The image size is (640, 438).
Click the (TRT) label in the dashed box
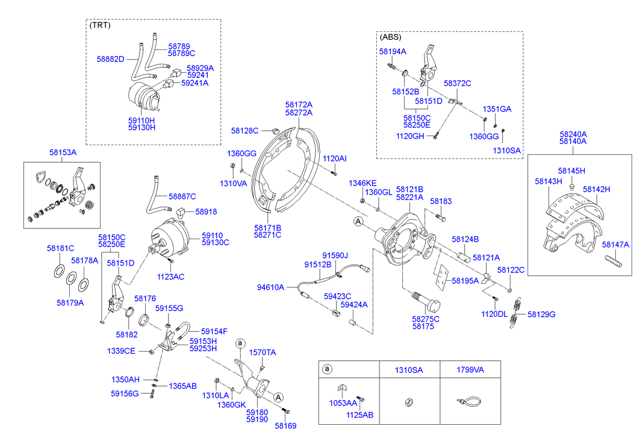coord(100,25)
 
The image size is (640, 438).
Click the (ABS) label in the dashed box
coord(391,37)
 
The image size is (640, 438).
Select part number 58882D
coord(110,59)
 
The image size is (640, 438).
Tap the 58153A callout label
coord(63,153)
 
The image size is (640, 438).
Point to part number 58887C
coord(182,196)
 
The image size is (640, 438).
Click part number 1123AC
coord(170,277)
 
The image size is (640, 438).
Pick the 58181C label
coord(61,248)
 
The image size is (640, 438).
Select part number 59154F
coord(214,331)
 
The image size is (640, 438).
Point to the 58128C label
coord(244,130)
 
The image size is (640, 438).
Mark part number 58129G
coord(541,314)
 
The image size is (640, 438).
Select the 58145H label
coord(571,171)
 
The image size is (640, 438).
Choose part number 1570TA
coord(263,352)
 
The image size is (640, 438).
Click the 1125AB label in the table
coord(360,415)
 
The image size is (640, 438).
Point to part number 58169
coord(286,425)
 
